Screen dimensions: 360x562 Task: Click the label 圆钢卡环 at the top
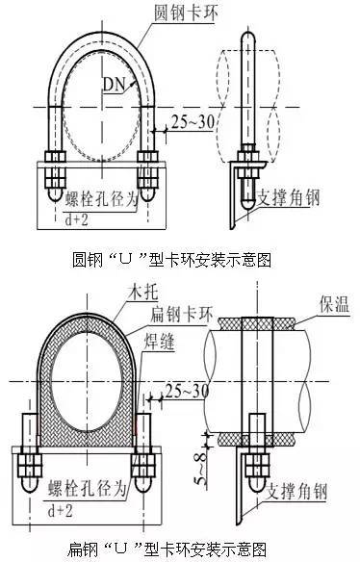tap(186, 13)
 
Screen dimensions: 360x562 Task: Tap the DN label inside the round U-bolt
tap(114, 85)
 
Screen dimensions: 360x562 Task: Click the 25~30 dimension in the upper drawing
tap(193, 122)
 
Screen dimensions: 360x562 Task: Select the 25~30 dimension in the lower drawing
tap(187, 390)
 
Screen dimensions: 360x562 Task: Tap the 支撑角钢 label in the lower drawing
tap(296, 491)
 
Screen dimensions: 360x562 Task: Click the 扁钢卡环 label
tap(181, 314)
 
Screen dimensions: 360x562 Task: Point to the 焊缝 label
tap(159, 342)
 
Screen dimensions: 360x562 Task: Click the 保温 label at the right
tap(334, 305)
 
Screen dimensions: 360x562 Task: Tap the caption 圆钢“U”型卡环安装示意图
tap(171, 260)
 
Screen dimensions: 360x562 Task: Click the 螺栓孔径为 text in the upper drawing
tap(101, 199)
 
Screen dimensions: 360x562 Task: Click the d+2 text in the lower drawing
tap(60, 510)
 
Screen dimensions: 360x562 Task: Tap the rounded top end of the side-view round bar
tap(247, 38)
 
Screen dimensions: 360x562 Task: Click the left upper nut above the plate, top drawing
tap(55, 156)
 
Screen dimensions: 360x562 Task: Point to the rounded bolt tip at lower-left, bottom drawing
tap(30, 484)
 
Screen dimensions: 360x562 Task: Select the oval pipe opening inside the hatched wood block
tap(87, 381)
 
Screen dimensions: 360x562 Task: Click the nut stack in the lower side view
tap(257, 466)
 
